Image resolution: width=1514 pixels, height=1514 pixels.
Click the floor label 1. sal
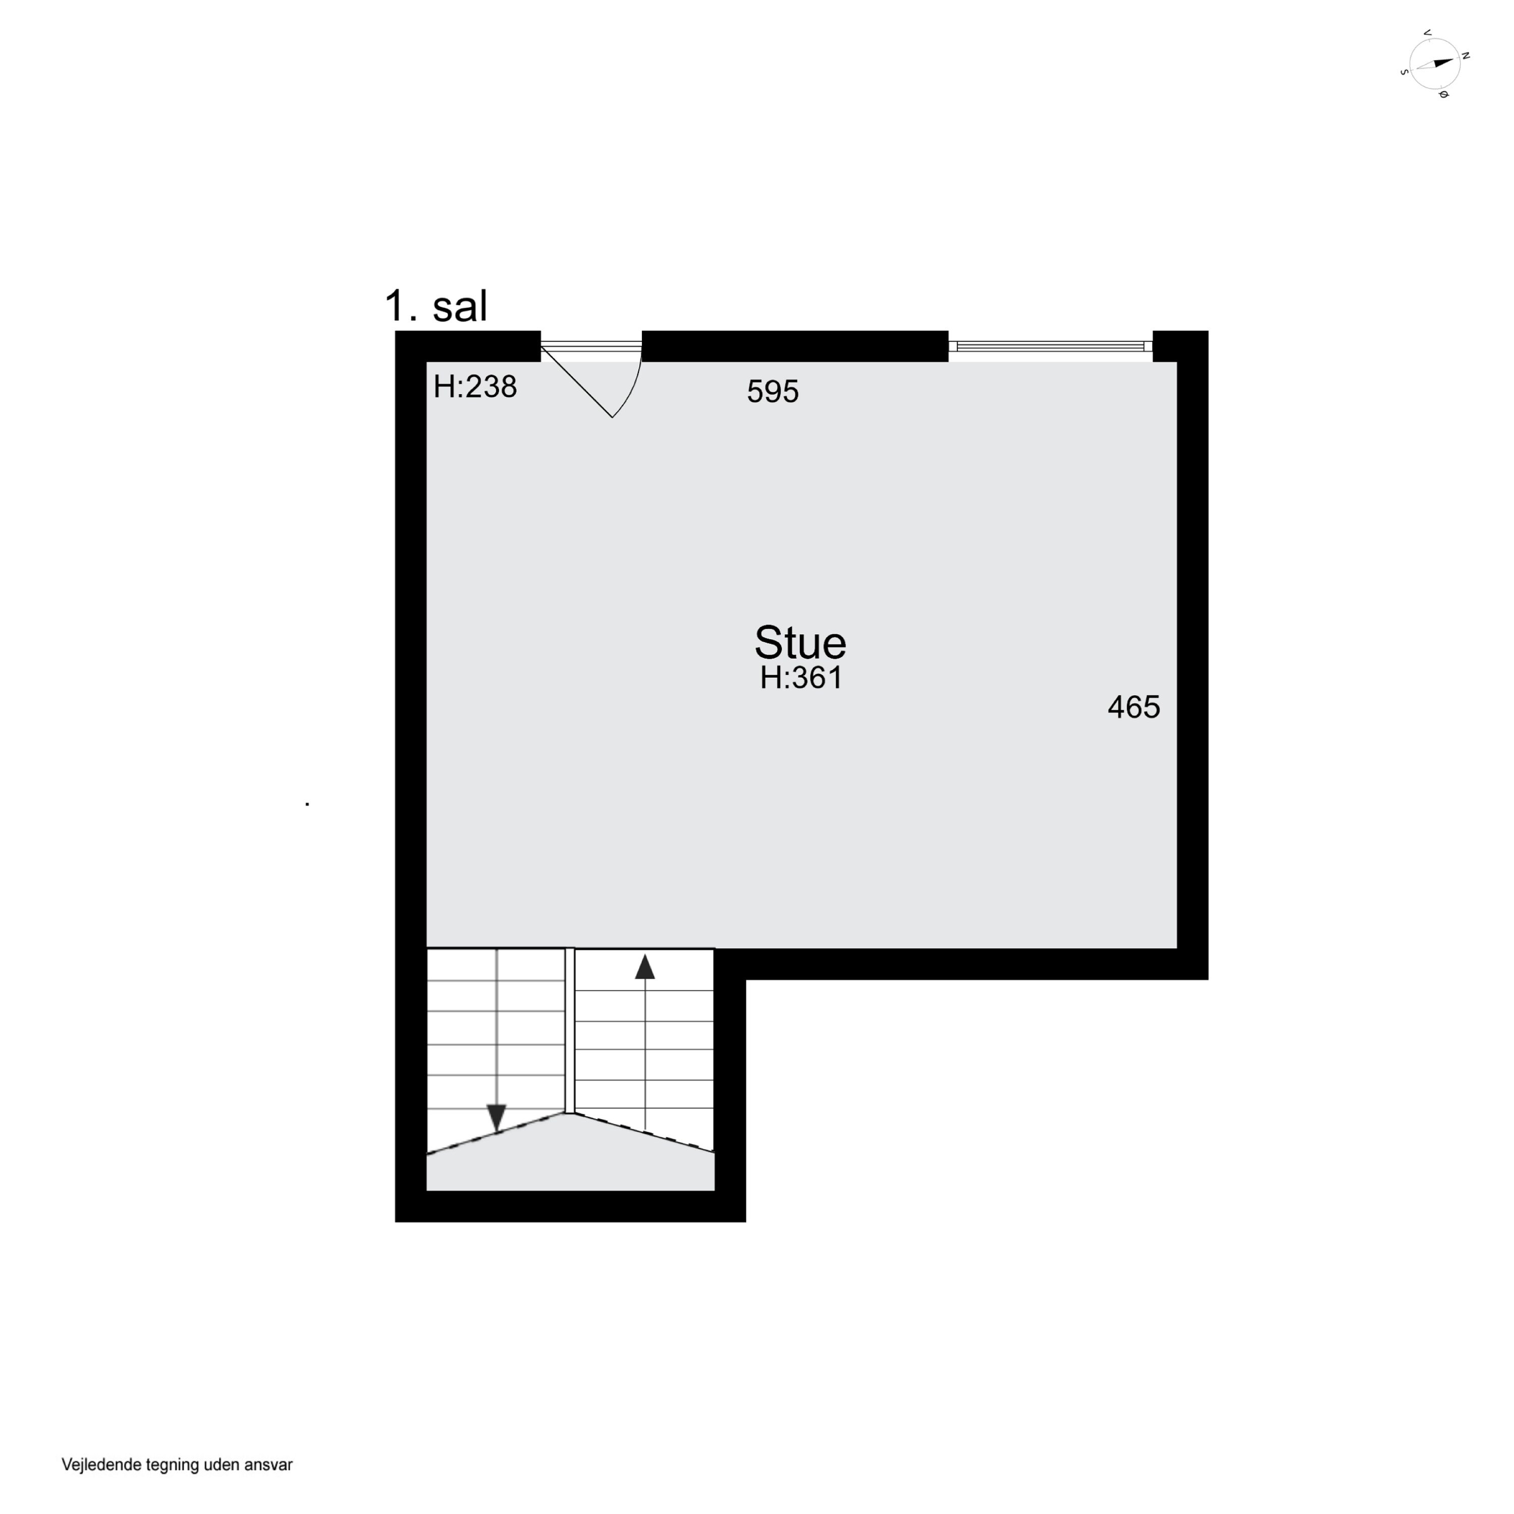(436, 306)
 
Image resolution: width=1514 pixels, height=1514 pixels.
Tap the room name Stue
(800, 643)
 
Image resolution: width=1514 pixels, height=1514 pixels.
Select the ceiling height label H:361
(801, 678)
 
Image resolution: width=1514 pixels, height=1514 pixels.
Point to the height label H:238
(475, 387)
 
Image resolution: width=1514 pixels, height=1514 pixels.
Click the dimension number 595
(773, 392)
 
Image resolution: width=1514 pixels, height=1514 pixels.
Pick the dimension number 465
(1133, 708)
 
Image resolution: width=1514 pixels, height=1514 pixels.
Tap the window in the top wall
(1050, 346)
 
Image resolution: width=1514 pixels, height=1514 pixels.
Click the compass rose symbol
(1434, 64)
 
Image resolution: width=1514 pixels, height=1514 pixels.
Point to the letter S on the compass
(1403, 71)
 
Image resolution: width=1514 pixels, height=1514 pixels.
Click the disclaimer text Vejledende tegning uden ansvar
(177, 1465)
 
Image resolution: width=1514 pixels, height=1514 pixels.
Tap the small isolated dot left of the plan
(307, 804)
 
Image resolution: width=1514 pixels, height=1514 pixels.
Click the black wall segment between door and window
(795, 346)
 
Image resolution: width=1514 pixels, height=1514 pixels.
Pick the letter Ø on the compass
(1443, 95)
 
